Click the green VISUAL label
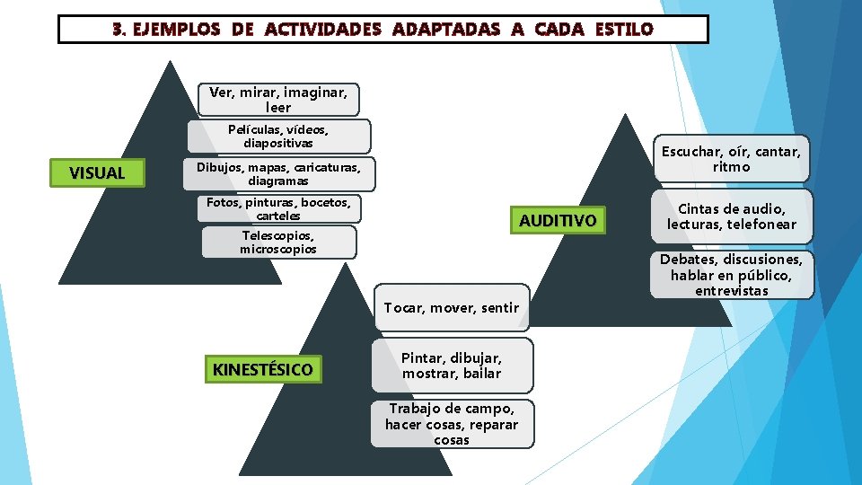coord(97,172)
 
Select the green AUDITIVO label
coord(557,221)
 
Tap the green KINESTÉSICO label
coord(263,369)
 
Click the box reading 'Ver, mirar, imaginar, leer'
coord(278,100)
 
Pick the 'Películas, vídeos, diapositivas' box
coord(278,137)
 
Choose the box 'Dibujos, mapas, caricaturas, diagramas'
coord(278,173)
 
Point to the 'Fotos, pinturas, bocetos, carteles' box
coord(278,208)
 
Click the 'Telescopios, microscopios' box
coord(278,242)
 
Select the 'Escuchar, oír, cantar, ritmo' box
coord(731,159)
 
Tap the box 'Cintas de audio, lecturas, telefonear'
coord(731,216)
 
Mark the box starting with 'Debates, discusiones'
coord(731,275)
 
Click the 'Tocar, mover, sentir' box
coord(452,308)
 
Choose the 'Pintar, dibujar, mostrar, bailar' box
coord(452,366)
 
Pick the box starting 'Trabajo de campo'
coord(452,424)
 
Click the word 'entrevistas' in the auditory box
coord(731,291)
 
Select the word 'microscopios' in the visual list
coord(278,249)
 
